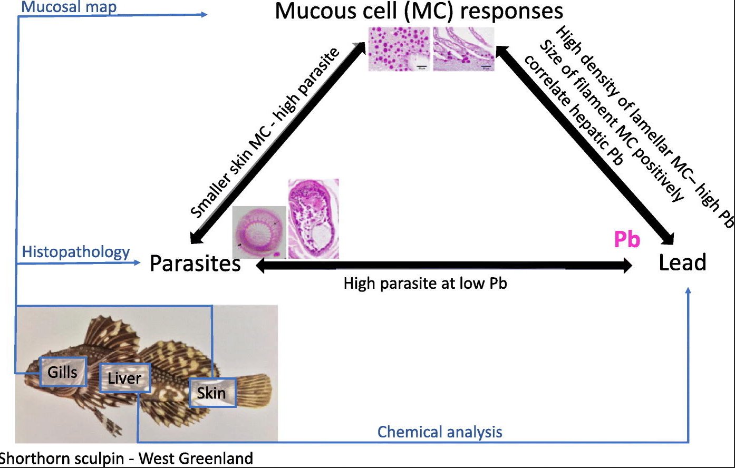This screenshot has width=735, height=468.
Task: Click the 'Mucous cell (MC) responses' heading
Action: tap(419, 12)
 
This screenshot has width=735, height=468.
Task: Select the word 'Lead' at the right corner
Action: tap(682, 262)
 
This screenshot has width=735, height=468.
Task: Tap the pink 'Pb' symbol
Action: tap(627, 240)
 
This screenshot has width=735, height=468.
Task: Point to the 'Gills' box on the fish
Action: tap(62, 372)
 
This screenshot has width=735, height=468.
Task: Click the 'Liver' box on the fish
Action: tap(124, 378)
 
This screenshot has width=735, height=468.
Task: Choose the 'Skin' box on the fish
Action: tap(211, 393)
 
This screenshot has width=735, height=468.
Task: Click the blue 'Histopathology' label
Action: tap(76, 252)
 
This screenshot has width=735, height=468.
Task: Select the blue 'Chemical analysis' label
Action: tap(440, 432)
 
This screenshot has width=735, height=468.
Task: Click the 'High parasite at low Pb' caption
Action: tap(425, 284)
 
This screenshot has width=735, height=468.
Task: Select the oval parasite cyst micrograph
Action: tap(313, 218)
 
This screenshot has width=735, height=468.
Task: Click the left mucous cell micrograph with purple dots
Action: tap(399, 49)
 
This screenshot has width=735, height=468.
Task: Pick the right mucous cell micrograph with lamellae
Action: tap(464, 49)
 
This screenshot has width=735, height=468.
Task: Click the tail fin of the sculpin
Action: tap(255, 389)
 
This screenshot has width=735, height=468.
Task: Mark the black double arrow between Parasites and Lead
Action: tap(443, 266)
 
